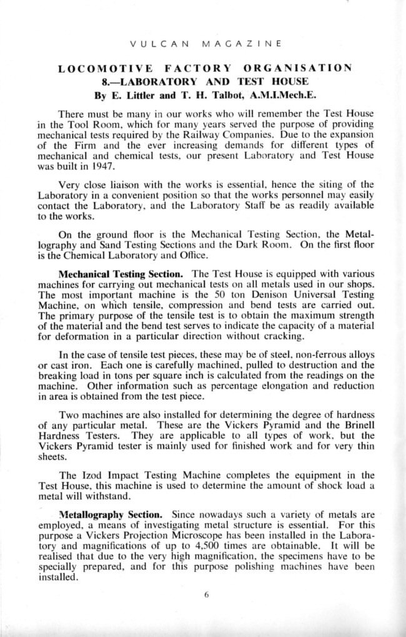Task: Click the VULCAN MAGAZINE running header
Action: [203, 44]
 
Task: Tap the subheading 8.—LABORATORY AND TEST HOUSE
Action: [204, 82]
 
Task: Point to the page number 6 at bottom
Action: [205, 595]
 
